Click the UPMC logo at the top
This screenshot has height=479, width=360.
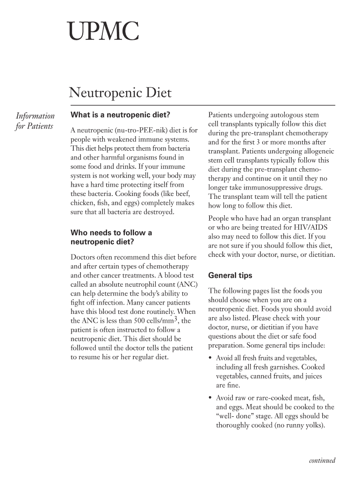pos(104,34)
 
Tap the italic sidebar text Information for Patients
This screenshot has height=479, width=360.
pos(35,121)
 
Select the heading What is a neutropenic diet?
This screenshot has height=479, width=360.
pos(120,115)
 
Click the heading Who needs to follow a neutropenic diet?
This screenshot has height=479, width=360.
pos(111,237)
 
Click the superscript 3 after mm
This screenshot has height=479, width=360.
pos(176,319)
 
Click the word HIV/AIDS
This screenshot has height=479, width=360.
pos(310,228)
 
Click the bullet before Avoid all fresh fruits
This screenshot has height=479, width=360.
pos(210,358)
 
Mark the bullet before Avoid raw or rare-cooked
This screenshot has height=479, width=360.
pos(210,398)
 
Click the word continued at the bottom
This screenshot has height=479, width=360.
pos(322,461)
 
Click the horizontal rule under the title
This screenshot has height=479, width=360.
pos(202,105)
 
